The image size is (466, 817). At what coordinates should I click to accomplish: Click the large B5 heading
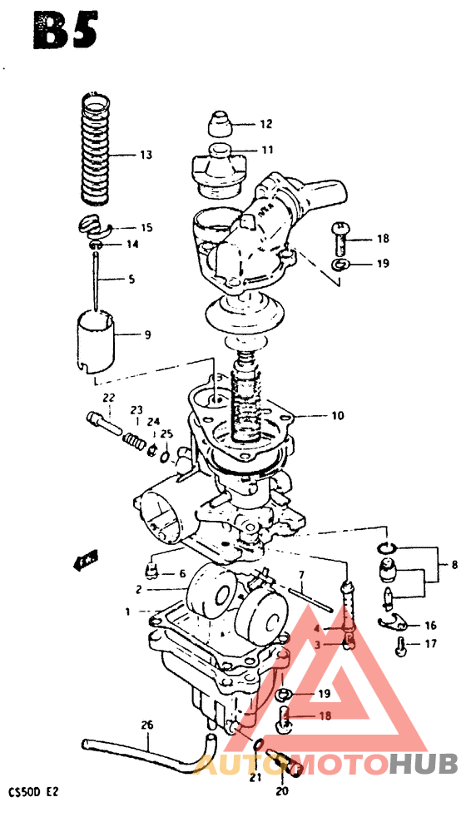click(64, 31)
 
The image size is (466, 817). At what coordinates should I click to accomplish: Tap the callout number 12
click(265, 125)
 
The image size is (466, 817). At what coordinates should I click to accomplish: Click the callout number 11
click(267, 151)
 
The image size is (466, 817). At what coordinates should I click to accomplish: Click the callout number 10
click(337, 415)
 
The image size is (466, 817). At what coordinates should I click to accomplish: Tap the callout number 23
click(136, 410)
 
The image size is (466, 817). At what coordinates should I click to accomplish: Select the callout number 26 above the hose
click(147, 725)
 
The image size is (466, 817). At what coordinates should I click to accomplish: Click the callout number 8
click(454, 565)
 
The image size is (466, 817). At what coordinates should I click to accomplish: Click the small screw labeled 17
click(403, 643)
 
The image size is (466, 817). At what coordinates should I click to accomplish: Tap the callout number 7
click(302, 575)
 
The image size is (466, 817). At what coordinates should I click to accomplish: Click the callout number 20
click(282, 792)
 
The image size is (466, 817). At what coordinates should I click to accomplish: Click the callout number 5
click(131, 280)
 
